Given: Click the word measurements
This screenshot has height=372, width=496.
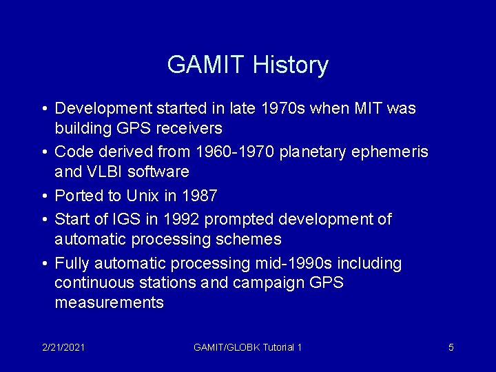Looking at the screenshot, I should [109, 302].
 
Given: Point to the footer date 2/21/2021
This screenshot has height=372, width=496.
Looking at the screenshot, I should [63, 347].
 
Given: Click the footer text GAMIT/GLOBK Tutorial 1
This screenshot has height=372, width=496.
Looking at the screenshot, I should [247, 347].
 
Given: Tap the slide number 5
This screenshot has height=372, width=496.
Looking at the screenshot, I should [451, 347].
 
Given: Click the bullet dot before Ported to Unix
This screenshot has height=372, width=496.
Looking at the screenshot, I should [44, 196].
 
